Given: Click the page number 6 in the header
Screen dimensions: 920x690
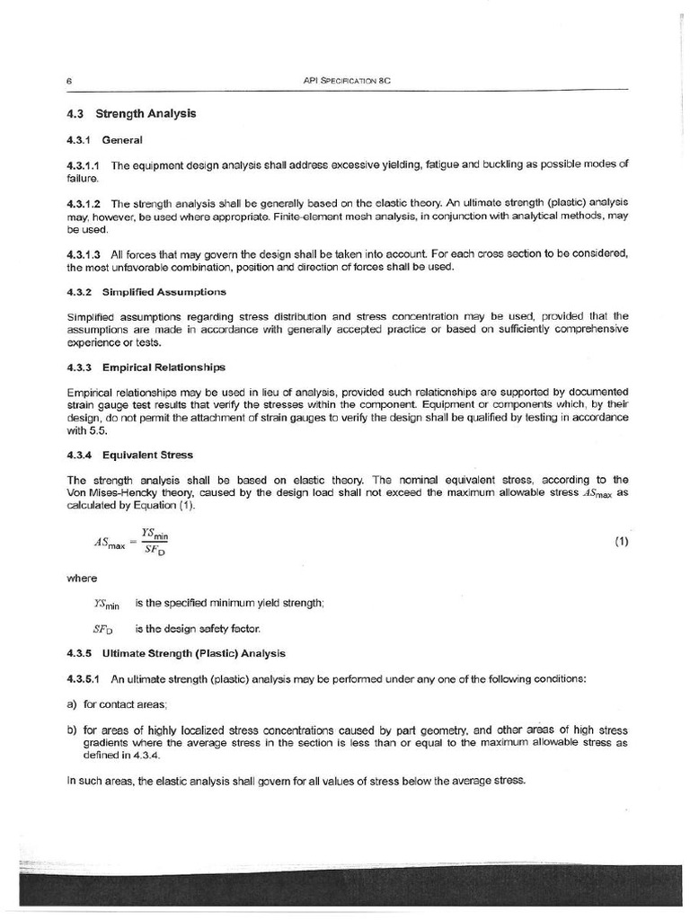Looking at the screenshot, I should click(69, 81).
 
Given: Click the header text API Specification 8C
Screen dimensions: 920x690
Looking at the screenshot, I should click(349, 81).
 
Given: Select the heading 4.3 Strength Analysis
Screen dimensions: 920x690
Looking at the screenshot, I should click(132, 114).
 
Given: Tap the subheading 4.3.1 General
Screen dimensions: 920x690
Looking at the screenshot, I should click(104, 140).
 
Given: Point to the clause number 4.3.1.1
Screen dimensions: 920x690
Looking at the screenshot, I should click(84, 165).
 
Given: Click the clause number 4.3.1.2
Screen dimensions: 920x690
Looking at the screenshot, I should click(84, 203).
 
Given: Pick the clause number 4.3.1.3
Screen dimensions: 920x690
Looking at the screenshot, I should click(84, 254).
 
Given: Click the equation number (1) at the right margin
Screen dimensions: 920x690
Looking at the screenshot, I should click(621, 542).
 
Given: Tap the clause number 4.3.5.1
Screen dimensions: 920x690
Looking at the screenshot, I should click(84, 678).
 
